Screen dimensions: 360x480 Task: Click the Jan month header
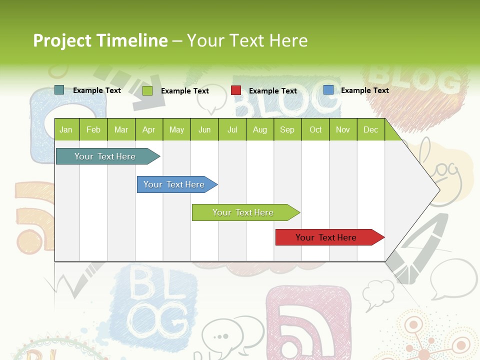(x=66, y=129)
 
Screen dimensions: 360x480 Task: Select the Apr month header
(x=148, y=129)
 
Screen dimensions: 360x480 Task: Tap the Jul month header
(x=232, y=129)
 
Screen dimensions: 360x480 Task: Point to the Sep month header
(x=287, y=129)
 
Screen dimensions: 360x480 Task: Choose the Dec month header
(x=370, y=129)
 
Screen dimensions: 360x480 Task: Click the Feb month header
(x=93, y=129)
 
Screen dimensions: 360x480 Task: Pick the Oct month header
(x=315, y=129)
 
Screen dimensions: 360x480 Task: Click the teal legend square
(x=59, y=90)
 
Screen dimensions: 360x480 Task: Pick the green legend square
(x=147, y=90)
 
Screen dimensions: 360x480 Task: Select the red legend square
(x=236, y=90)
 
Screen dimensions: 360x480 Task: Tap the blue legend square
(x=328, y=90)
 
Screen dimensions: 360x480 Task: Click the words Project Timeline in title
(x=100, y=40)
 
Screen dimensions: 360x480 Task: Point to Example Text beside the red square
(x=273, y=91)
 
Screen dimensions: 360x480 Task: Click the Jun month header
(x=204, y=129)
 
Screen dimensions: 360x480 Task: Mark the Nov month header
(x=343, y=129)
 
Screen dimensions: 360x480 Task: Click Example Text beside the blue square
(x=365, y=90)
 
